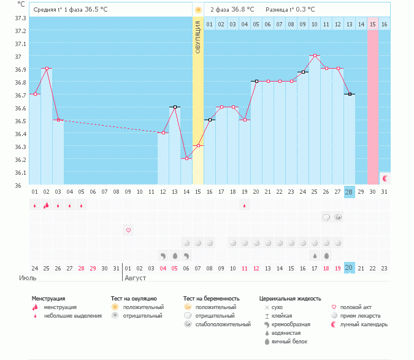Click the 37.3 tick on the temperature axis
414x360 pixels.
click(x=20, y=18)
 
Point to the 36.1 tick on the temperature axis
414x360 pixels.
click(x=20, y=172)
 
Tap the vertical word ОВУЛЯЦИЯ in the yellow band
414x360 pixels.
click(x=198, y=36)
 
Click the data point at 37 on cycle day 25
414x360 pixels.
click(x=315, y=56)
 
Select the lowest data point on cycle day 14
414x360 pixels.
click(x=186, y=158)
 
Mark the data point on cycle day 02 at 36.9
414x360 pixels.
click(x=47, y=69)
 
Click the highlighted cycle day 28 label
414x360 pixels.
click(x=350, y=192)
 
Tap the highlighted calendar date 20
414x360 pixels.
click(x=350, y=268)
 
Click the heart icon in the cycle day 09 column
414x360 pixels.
click(x=128, y=230)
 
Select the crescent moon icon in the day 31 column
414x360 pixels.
click(x=385, y=178)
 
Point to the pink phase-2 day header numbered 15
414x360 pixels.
click(x=373, y=24)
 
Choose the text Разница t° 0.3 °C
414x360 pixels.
click(x=290, y=10)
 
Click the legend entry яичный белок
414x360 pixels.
click(x=290, y=341)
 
